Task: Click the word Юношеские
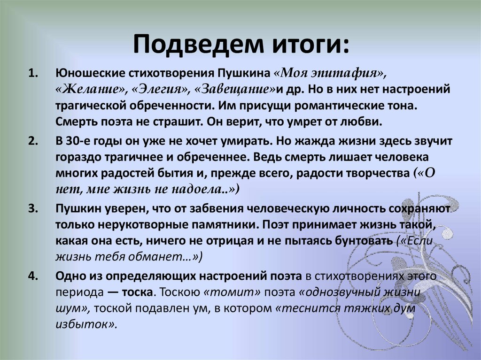coord(89,74)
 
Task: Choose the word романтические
coord(326,106)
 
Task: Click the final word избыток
coord(85,324)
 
